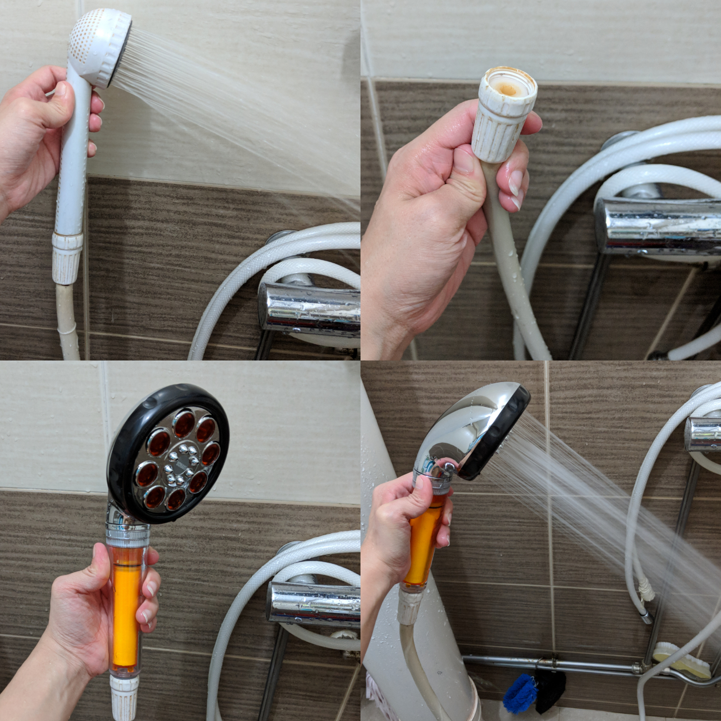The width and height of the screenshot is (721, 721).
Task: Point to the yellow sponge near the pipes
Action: pyautogui.click(x=680, y=658)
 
